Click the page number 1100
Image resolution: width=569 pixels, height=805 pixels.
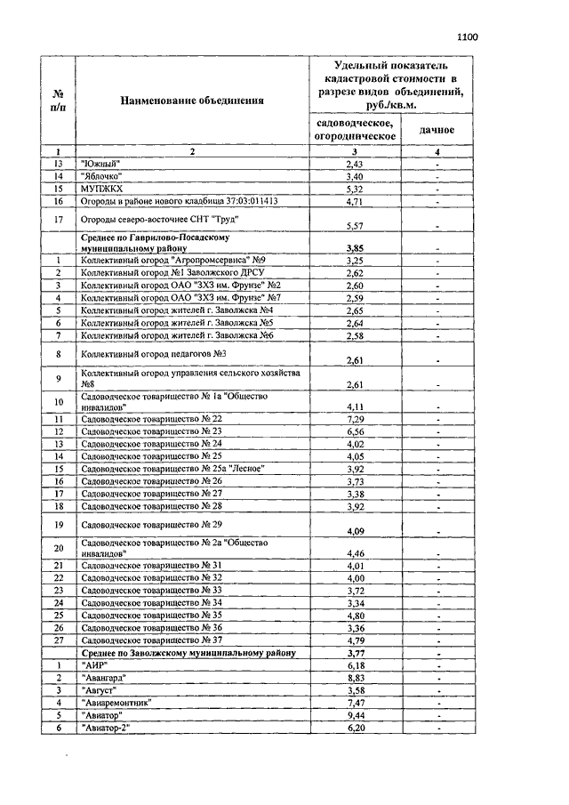[x=468, y=37]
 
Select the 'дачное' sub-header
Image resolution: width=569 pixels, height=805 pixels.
[x=437, y=130]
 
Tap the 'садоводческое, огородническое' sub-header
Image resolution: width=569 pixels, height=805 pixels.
[x=355, y=129]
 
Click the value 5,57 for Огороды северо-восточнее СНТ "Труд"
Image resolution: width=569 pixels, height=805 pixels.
[x=355, y=226]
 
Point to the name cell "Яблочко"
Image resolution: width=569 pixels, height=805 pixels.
[x=101, y=176]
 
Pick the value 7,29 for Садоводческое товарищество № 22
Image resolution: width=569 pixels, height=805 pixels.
[x=355, y=418]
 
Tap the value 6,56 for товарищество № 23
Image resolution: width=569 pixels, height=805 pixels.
[x=355, y=431]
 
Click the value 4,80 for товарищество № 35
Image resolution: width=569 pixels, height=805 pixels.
[x=355, y=615]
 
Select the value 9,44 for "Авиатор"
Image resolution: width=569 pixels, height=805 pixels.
[x=355, y=714]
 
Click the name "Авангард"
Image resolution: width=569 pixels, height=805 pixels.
[x=103, y=677]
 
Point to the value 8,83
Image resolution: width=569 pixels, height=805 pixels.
[x=355, y=677]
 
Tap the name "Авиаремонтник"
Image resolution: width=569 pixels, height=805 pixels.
[x=116, y=702]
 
